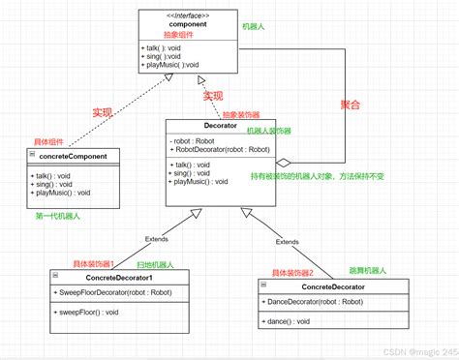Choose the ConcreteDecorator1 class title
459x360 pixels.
100,278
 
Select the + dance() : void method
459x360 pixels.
290,319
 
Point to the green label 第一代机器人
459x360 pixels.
58,215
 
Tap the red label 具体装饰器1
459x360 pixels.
94,263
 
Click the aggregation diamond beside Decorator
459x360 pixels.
284,163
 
